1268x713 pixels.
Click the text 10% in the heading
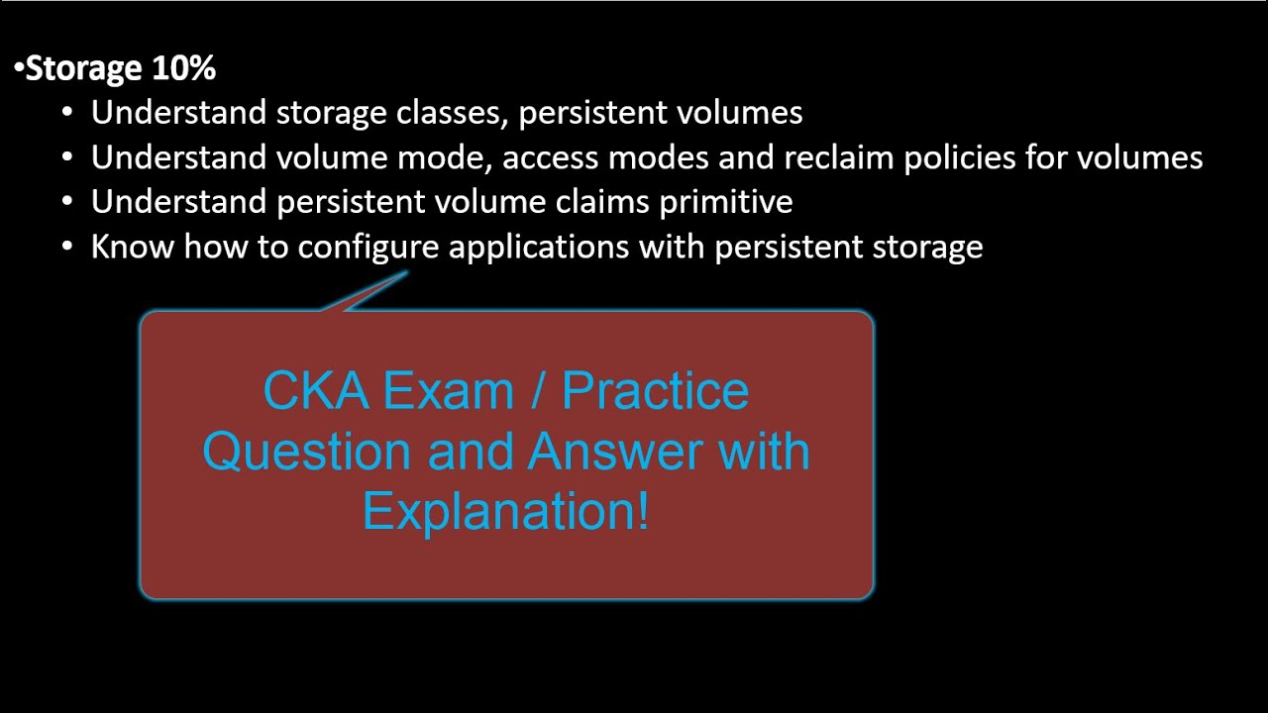[184, 68]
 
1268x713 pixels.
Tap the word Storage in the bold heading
[84, 68]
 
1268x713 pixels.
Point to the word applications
[538, 247]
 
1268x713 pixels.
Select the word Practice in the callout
[655, 391]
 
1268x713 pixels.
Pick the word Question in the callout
[307, 452]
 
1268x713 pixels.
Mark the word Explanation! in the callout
[505, 511]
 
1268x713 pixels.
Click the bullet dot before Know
[67, 248]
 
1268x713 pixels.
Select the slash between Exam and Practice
[536, 391]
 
